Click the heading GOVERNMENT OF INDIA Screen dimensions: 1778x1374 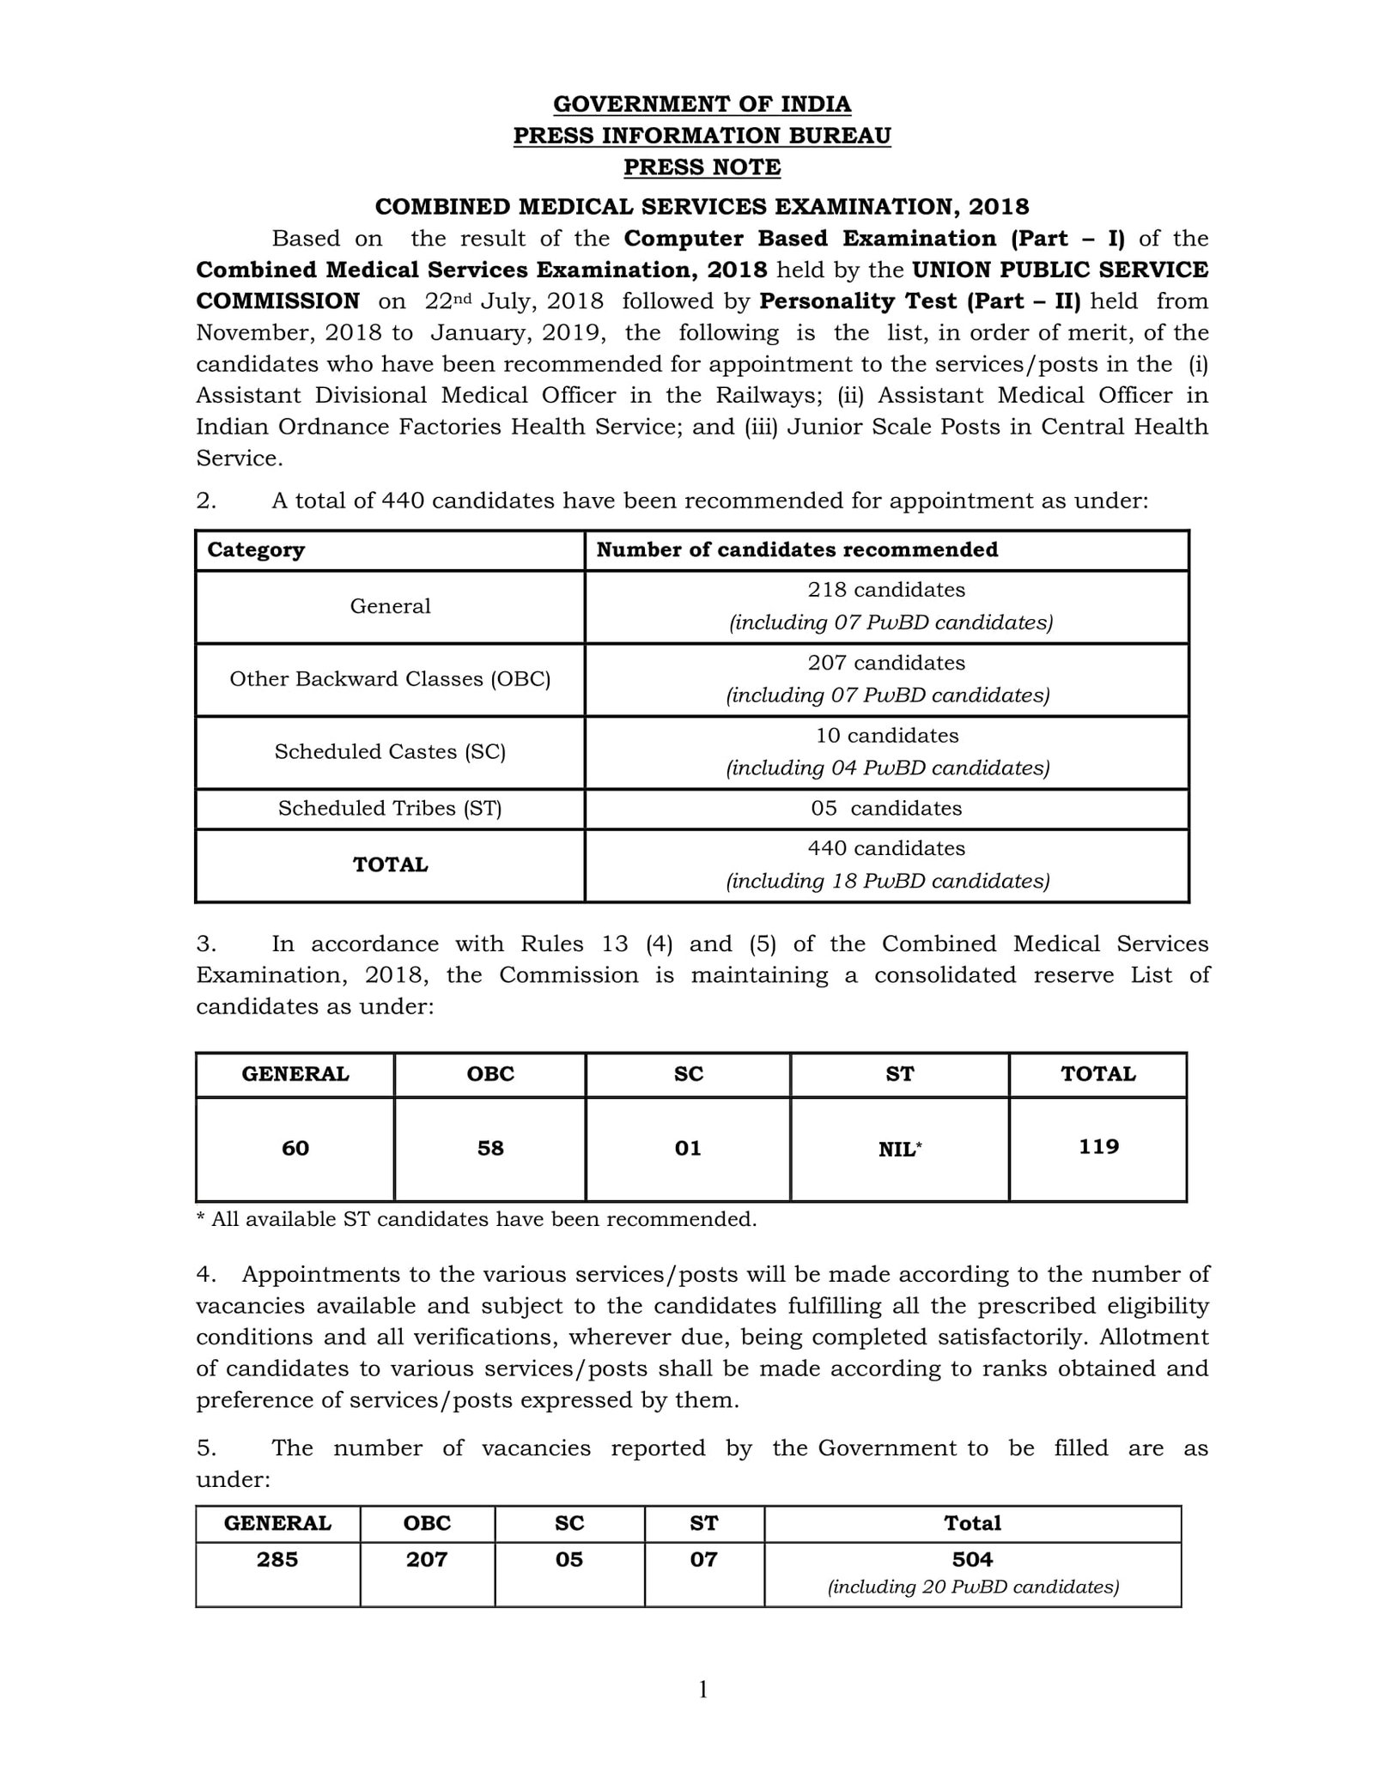[702, 104]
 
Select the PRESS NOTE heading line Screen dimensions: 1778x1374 [702, 167]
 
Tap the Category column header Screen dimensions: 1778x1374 [256, 549]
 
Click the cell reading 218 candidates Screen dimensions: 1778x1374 [885, 590]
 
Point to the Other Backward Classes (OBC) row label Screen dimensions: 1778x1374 [390, 679]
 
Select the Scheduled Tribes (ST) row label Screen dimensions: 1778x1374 [390, 808]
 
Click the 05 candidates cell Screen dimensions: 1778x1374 [885, 808]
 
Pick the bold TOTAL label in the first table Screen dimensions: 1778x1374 [390, 865]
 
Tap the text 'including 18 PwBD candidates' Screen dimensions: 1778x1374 [887, 881]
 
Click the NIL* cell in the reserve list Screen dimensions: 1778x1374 [899, 1149]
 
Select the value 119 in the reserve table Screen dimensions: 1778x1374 [1098, 1147]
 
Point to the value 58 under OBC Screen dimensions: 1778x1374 [490, 1148]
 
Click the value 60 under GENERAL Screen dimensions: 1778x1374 [295, 1148]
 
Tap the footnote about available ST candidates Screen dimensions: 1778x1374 [477, 1219]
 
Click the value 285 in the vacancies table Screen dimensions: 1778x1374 [277, 1559]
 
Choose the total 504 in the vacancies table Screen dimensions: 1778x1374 [972, 1559]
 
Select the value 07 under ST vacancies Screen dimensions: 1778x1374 [703, 1559]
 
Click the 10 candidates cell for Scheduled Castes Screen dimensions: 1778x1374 [886, 736]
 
